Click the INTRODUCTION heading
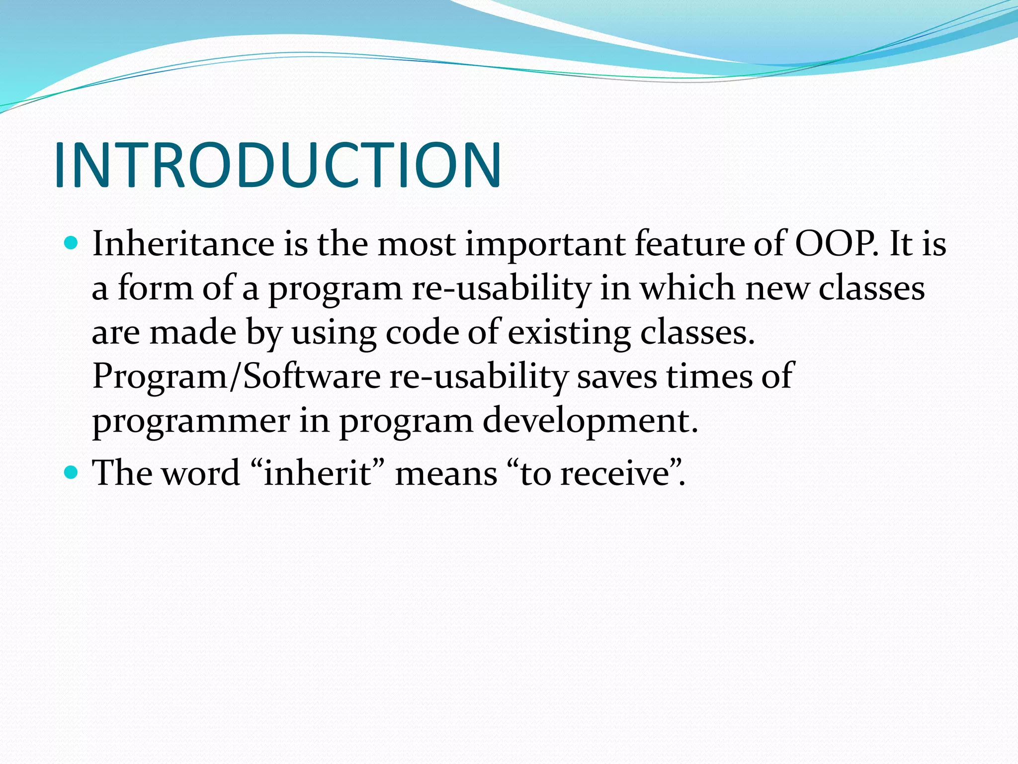click(x=277, y=165)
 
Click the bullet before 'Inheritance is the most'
click(x=72, y=243)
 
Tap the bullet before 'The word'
click(x=72, y=472)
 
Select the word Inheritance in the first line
click(x=183, y=244)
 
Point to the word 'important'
click(x=545, y=245)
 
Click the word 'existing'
click(x=569, y=332)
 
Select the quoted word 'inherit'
click(x=318, y=473)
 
